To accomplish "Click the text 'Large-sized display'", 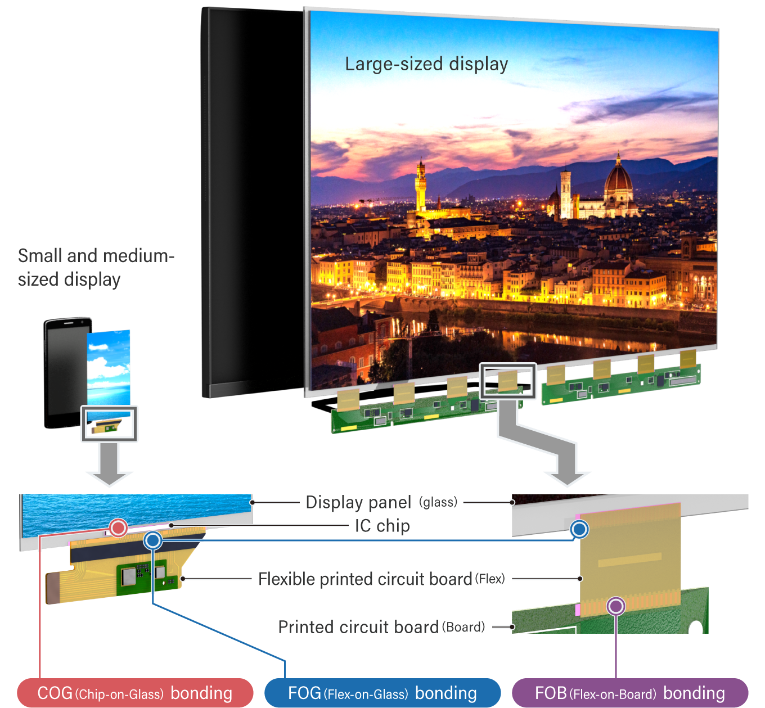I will click(x=426, y=64).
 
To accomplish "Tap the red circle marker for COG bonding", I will click(x=118, y=527).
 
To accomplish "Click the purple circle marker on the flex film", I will click(x=616, y=606).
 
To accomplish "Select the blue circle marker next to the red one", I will click(x=152, y=540).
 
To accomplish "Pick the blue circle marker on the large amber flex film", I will click(x=579, y=529).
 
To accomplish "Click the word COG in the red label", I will click(x=55, y=693).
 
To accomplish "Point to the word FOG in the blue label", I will click(x=304, y=693).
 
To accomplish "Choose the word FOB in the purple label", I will click(x=550, y=693).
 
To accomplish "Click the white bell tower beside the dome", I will click(x=565, y=194).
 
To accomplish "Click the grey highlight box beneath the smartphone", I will click(x=109, y=423).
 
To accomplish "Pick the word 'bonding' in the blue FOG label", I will click(x=445, y=693).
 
